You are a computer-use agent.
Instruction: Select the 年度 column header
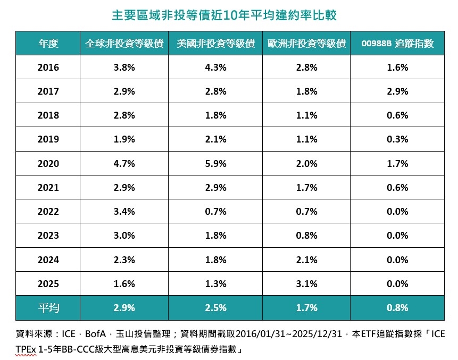[48, 44]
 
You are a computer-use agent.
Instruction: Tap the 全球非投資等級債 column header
[124, 44]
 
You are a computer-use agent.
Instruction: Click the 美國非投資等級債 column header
[215, 44]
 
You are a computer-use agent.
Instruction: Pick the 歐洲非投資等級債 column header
[307, 44]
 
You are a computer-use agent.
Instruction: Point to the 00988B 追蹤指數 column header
[397, 44]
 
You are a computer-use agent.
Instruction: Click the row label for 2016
[48, 68]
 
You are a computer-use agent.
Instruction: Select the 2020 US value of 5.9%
[215, 164]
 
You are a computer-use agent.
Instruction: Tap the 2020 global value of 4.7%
[124, 164]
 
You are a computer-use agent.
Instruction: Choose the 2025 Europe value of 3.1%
[307, 284]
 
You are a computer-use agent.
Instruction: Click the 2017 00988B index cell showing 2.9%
[397, 91]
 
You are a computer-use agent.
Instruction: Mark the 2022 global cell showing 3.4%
[124, 212]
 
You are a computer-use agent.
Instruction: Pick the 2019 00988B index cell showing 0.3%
[397, 139]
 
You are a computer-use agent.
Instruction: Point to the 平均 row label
[48, 307]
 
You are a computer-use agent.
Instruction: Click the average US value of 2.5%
[215, 307]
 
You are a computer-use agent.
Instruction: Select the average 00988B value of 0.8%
[397, 307]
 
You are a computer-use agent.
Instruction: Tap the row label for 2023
[48, 236]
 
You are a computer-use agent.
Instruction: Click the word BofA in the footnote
[95, 334]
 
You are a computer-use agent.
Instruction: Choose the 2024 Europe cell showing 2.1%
[307, 260]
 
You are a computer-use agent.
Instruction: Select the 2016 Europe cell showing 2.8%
[307, 68]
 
